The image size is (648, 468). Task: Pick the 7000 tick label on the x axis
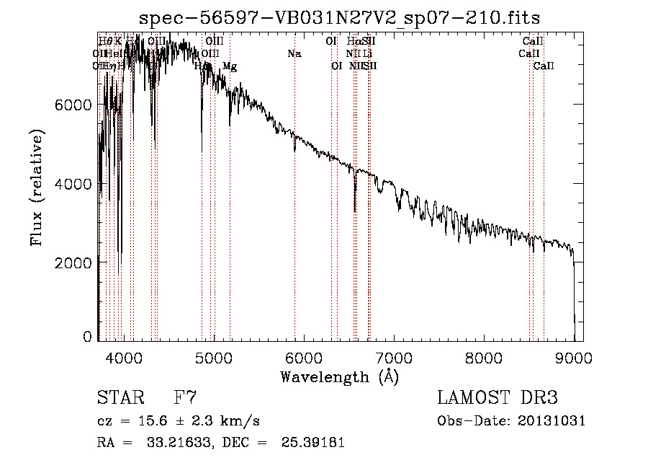(x=394, y=357)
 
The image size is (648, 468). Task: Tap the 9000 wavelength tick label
(x=574, y=357)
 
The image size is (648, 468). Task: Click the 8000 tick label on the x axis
(x=484, y=357)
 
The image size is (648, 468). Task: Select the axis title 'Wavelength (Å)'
(x=339, y=376)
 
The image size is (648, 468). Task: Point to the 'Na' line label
(x=294, y=53)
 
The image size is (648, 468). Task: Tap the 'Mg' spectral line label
(x=230, y=66)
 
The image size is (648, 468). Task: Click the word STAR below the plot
(x=116, y=397)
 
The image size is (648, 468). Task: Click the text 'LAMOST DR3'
(x=497, y=397)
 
